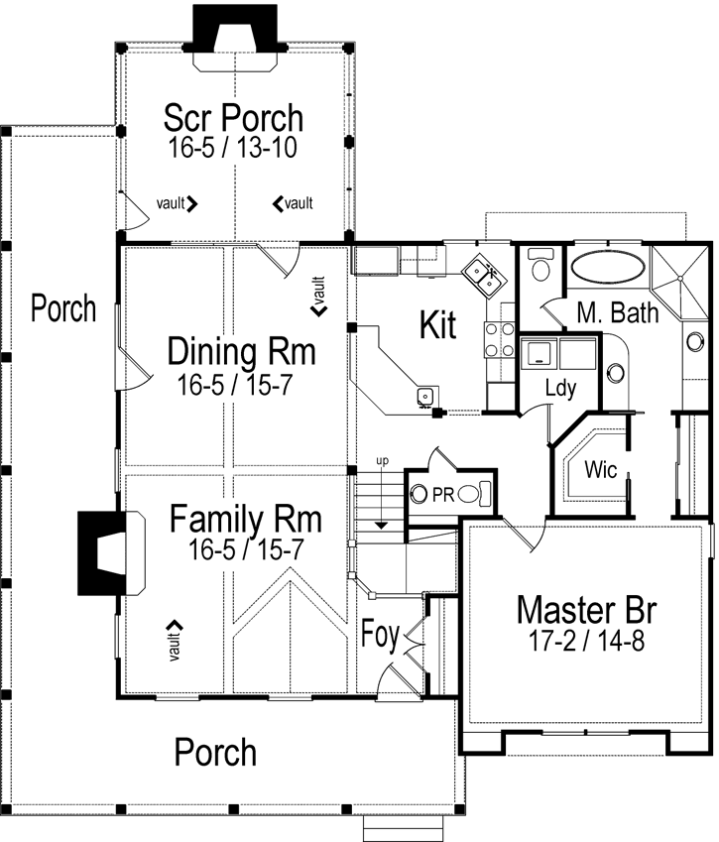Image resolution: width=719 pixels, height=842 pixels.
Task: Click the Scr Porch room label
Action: click(x=233, y=118)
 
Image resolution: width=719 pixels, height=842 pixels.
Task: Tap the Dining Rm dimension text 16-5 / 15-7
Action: click(x=235, y=385)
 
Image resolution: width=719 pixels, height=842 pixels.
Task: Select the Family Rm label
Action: click(x=245, y=519)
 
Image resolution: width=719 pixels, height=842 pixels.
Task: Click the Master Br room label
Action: click(x=586, y=610)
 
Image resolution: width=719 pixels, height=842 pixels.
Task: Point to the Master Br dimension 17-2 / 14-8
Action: click(x=586, y=640)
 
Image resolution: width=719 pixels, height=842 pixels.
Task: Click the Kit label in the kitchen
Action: click(x=437, y=325)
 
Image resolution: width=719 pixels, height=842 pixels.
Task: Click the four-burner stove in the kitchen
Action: click(x=500, y=339)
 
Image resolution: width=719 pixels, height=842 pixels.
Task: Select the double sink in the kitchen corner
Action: click(x=483, y=274)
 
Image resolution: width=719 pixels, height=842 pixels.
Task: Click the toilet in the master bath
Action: click(x=539, y=264)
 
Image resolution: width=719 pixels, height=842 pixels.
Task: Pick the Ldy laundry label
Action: click(x=560, y=388)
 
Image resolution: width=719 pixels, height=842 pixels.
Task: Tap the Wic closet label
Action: click(x=600, y=469)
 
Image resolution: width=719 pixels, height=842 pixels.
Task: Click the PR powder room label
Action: click(x=443, y=495)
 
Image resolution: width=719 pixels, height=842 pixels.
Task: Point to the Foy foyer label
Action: click(x=380, y=635)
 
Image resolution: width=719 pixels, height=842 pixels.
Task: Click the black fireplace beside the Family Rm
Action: click(x=102, y=553)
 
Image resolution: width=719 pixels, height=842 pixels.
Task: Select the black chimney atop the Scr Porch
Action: click(x=235, y=29)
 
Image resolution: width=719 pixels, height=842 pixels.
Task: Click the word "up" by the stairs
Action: click(x=382, y=461)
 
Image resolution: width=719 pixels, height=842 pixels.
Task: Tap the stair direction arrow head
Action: click(x=381, y=525)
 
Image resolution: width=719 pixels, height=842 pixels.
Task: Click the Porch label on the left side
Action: click(x=63, y=308)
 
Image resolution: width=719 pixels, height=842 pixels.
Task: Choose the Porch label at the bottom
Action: click(x=215, y=752)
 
